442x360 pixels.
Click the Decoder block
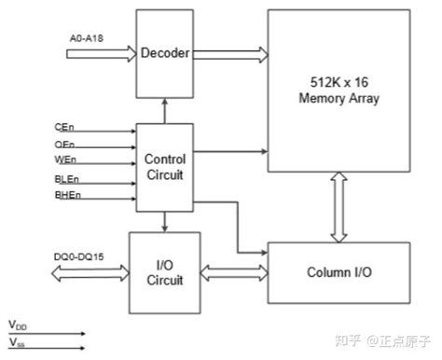pos(164,53)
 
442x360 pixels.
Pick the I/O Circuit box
pos(164,271)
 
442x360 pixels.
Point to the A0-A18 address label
pos(87,38)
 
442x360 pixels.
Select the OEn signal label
pos(64,145)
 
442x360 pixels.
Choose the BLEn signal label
pos(66,178)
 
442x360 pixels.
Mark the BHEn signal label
pos(66,195)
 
